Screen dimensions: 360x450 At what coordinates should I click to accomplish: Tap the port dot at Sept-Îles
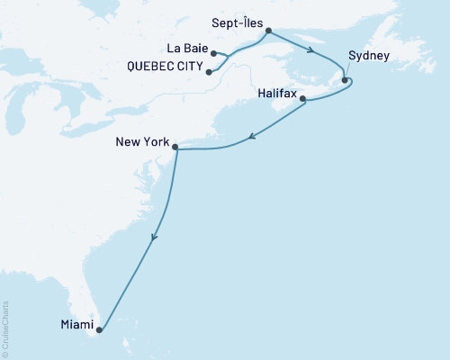pyautogui.click(x=269, y=31)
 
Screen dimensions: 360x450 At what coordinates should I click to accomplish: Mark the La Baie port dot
pyautogui.click(x=213, y=54)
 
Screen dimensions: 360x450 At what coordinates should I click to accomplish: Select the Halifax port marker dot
pyautogui.click(x=302, y=99)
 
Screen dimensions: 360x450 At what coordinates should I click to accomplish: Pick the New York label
pyautogui.click(x=142, y=141)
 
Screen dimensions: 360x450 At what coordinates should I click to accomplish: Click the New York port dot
pyautogui.click(x=175, y=147)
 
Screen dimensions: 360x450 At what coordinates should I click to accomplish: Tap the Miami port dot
pyautogui.click(x=99, y=330)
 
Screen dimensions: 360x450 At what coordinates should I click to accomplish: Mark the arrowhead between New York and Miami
pyautogui.click(x=155, y=238)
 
